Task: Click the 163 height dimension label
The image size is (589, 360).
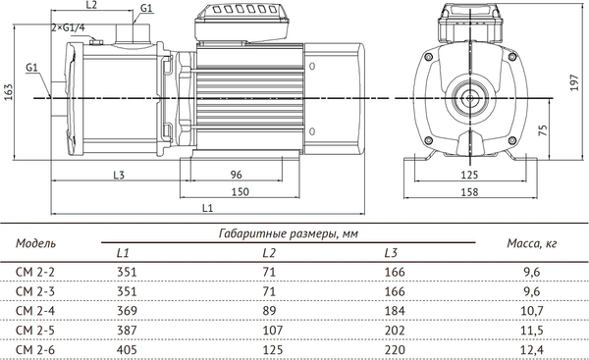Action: [8, 91]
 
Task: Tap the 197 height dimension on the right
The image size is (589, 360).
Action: [574, 82]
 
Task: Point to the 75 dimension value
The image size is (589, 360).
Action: [543, 130]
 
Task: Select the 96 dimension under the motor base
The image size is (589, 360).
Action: [236, 175]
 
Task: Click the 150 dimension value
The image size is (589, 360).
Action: [240, 192]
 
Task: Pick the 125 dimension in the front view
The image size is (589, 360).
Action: [469, 175]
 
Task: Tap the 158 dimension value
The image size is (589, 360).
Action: [469, 192]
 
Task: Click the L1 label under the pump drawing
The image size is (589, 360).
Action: [207, 208]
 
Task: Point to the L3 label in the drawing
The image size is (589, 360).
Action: [119, 175]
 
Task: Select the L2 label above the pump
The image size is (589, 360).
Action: [91, 5]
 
